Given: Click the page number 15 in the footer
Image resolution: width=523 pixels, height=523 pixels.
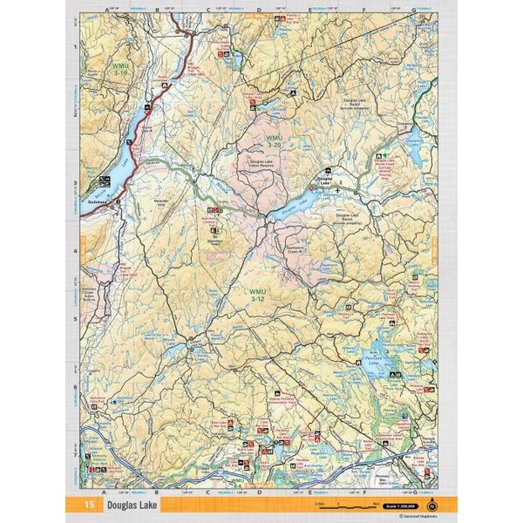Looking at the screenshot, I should pyautogui.click(x=90, y=505).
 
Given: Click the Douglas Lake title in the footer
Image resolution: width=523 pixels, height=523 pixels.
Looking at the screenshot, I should pyautogui.click(x=132, y=505).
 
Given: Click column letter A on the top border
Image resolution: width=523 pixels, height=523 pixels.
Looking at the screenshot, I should pyautogui.click(x=106, y=10).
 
